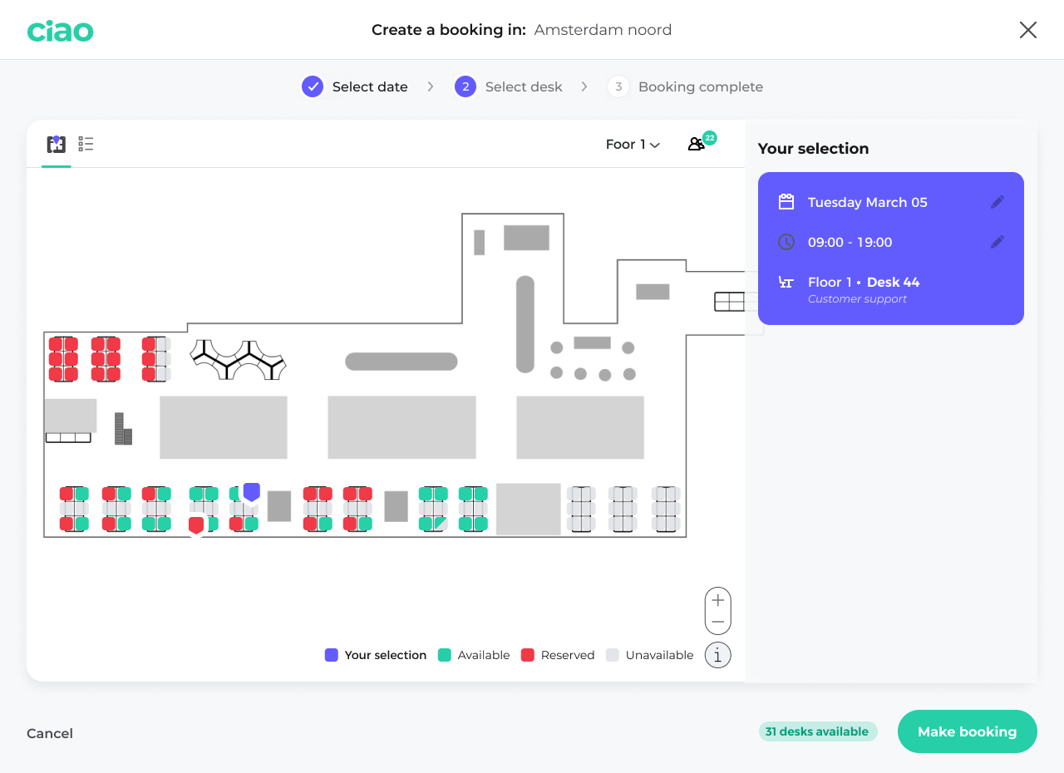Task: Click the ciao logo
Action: (60, 31)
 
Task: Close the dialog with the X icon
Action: (1028, 30)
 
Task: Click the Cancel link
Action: (50, 733)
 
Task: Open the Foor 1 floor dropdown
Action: (633, 145)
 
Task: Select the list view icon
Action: (86, 145)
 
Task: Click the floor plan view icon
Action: (57, 145)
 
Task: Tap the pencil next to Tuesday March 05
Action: (997, 202)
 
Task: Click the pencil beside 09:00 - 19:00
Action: (997, 242)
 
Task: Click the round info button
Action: (718, 655)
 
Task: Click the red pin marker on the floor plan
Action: (196, 525)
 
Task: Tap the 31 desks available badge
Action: (817, 731)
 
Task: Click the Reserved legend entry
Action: (559, 655)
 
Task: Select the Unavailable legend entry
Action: (650, 655)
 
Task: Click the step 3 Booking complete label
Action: (700, 86)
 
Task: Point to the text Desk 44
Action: (893, 282)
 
